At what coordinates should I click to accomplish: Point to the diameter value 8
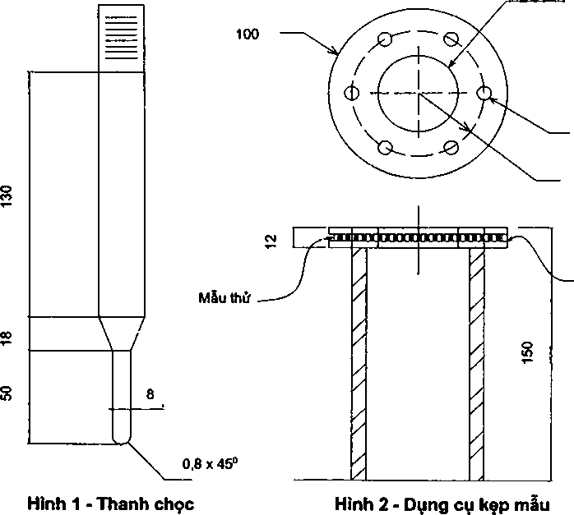[150, 395]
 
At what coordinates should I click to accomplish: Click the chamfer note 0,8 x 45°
[209, 463]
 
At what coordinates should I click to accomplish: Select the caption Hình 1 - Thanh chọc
[110, 503]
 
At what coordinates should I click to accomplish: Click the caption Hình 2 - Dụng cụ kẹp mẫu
[442, 503]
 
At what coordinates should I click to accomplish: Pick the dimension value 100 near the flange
[247, 34]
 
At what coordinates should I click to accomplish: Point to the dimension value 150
[527, 353]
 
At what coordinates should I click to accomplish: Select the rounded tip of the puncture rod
[121, 435]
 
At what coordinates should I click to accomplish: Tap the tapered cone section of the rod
[121, 333]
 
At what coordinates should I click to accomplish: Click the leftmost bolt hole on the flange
[352, 93]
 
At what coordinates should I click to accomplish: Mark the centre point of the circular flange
[419, 93]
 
